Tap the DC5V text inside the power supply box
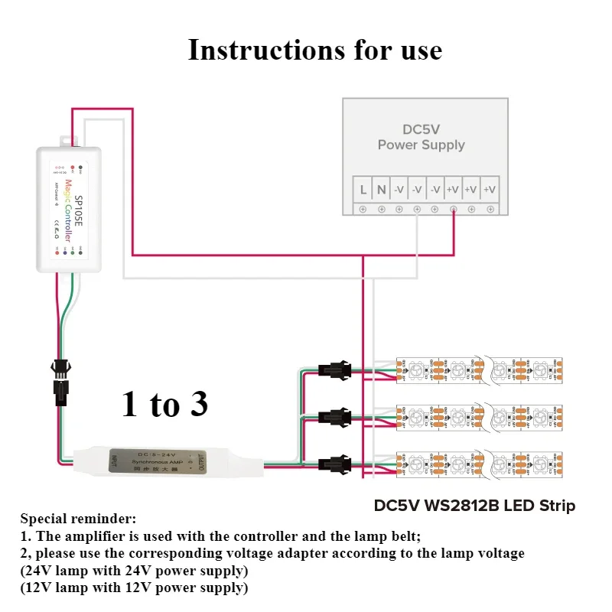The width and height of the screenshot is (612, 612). tap(422, 129)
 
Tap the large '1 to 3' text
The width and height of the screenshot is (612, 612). tap(164, 403)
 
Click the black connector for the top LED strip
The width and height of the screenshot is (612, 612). tap(334, 372)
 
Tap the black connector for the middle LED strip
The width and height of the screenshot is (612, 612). tap(334, 418)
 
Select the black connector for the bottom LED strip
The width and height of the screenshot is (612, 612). tap(334, 464)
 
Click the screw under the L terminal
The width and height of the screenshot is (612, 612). tap(363, 209)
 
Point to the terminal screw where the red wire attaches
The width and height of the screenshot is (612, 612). tap(454, 209)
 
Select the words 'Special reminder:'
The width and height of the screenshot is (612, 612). tap(78, 519)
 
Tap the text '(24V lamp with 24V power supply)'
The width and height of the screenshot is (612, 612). tap(134, 571)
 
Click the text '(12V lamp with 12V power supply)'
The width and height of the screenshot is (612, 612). tap(134, 588)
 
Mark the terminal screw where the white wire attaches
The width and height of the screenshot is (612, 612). tap(417, 209)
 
